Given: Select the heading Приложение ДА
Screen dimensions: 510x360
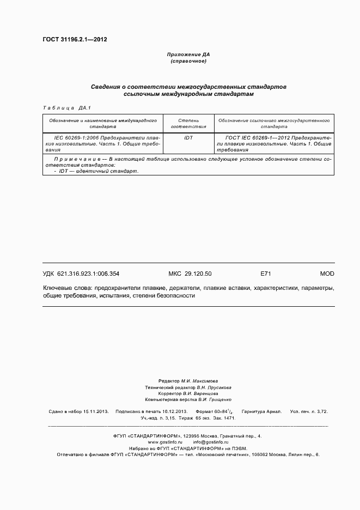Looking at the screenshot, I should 188,54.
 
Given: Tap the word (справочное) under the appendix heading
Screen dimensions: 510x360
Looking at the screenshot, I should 188,61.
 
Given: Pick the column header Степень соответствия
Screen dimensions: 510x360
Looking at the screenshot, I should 188,123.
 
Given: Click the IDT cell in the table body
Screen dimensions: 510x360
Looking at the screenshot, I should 188,138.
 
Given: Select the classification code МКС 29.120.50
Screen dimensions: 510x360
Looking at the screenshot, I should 190,274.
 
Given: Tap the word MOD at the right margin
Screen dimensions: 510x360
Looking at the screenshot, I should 327,274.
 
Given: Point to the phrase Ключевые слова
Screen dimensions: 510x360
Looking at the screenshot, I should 66,288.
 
